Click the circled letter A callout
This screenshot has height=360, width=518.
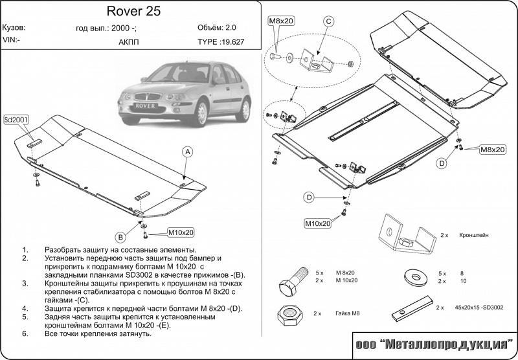pyautogui.click(x=186, y=152)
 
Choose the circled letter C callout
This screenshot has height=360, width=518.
pyautogui.click(x=328, y=22)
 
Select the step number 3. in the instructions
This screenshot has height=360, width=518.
pyautogui.click(x=25, y=283)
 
